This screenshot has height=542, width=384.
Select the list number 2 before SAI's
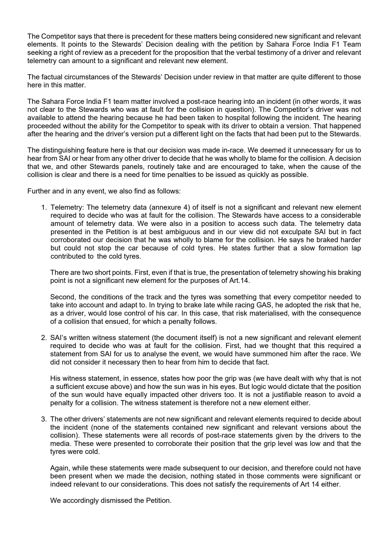point(43,337)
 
